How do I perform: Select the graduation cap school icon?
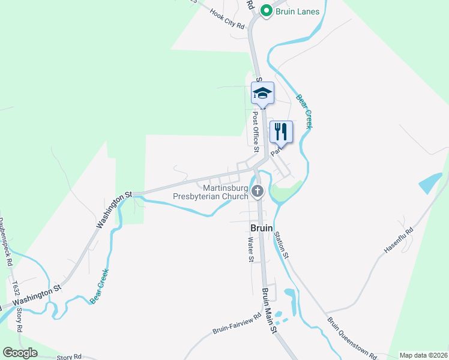pos(262,93)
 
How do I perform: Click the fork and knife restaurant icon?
pos(281,131)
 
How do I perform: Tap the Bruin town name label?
pos(261,229)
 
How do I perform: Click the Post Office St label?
pos(256,131)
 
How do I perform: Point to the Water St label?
pos(251,250)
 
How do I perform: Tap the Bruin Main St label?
pos(269,311)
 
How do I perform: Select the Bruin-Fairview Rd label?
pos(237,323)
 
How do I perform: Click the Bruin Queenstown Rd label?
pos(351,337)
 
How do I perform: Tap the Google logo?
pos(20,353)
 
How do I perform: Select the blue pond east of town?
pos(430,183)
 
